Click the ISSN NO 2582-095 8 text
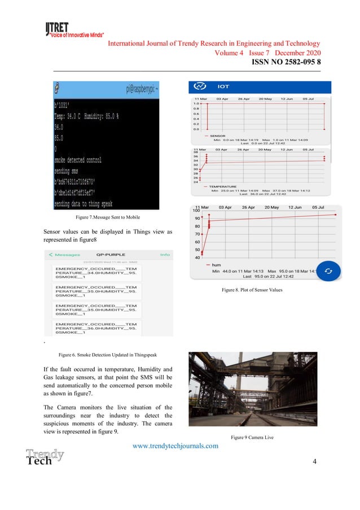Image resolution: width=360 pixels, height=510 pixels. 286,62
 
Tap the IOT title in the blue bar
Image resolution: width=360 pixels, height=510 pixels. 223,87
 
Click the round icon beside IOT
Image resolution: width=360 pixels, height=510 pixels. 199,86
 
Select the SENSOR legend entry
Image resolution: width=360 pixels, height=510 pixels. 217,136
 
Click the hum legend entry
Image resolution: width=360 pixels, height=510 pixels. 217,264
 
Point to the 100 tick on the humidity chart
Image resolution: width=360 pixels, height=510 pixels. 197,211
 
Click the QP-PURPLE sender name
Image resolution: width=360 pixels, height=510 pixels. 111,254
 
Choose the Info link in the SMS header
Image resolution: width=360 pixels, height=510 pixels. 165,254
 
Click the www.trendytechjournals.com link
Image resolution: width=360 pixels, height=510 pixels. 175,446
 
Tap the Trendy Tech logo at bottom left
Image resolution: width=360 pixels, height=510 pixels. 44,456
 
